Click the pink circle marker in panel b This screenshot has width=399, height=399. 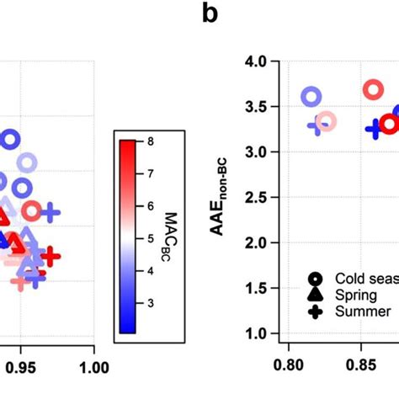326,122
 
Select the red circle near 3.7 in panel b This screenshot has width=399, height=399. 373,90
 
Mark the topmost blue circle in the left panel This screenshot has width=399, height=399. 9,140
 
